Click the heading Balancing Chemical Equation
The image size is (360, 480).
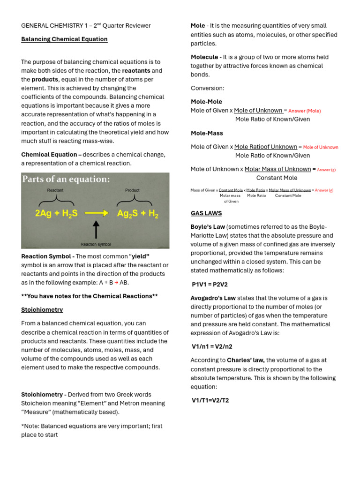click(x=64, y=39)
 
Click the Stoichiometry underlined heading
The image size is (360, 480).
click(x=42, y=310)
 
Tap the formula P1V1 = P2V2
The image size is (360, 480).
click(x=210, y=285)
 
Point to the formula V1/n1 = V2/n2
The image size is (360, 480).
click(x=212, y=347)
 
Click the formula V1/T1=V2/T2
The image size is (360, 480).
click(x=210, y=401)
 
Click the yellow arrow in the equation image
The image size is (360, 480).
click(x=96, y=212)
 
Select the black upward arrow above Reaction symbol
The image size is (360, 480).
click(x=96, y=230)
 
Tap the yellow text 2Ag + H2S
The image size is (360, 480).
click(x=56, y=214)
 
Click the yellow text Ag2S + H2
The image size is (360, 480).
click(x=138, y=214)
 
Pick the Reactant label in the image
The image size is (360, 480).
click(x=56, y=190)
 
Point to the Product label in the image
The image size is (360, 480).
click(x=133, y=190)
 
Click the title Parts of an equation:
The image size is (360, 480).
click(x=66, y=179)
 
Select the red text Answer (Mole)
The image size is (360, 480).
click(x=304, y=111)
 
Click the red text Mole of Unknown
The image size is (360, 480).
click(x=321, y=147)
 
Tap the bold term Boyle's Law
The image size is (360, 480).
click(x=208, y=227)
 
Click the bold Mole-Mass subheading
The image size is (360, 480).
click(x=207, y=134)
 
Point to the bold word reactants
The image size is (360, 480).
click(x=136, y=71)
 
